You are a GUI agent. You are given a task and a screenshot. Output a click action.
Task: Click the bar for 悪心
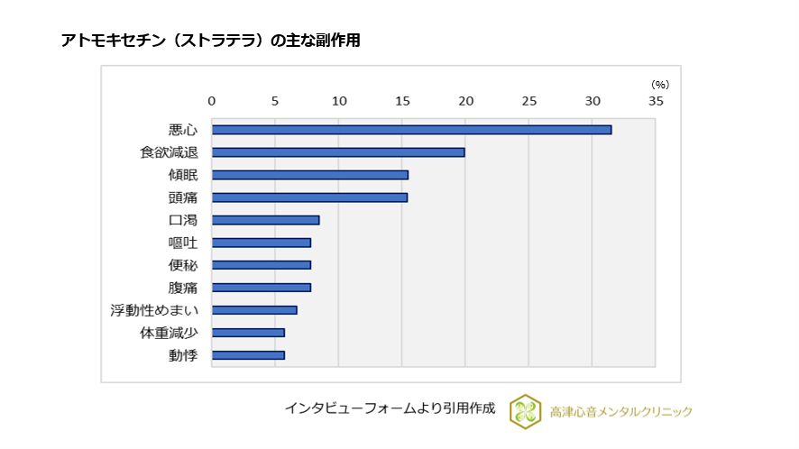tap(411, 130)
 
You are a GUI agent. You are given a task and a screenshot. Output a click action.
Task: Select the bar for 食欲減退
tap(338, 152)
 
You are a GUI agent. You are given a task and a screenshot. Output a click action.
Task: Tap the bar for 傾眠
tap(309, 175)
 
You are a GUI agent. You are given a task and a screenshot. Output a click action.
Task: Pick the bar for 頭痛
tap(309, 197)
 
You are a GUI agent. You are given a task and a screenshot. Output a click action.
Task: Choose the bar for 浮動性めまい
tap(254, 310)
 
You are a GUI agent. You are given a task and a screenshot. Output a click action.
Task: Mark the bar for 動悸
tap(248, 355)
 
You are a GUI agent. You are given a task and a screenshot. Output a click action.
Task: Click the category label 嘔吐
tap(183, 243)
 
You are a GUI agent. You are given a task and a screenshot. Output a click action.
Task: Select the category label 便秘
tap(183, 265)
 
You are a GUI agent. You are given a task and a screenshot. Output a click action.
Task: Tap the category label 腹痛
tap(183, 288)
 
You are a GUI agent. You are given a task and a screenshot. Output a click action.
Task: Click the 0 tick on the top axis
tap(212, 101)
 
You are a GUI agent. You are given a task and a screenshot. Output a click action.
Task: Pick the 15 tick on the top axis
tap(402, 101)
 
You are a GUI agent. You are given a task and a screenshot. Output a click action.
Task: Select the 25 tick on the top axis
tap(528, 101)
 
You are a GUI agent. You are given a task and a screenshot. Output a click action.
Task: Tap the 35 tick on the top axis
tap(656, 101)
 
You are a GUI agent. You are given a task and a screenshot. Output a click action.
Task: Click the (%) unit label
tap(660, 84)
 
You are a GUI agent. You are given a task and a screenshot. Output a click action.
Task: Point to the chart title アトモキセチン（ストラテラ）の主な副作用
tap(210, 41)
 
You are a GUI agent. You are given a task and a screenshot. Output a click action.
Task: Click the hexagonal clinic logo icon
tap(525, 410)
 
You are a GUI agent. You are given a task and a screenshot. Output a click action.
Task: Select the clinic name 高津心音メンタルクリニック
tap(620, 411)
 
